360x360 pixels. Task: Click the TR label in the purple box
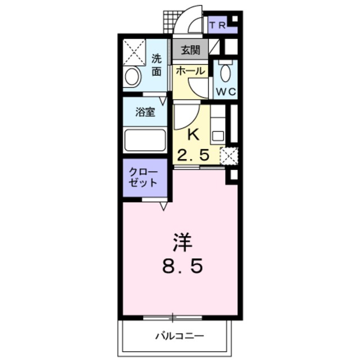point(218,25)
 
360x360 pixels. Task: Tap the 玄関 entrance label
point(191,50)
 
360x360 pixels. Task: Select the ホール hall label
point(190,71)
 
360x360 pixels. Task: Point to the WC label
point(226,92)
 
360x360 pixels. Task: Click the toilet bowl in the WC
point(226,73)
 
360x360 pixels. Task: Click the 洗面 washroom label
point(156,65)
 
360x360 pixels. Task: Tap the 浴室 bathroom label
point(145,112)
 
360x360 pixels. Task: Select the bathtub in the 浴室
point(145,141)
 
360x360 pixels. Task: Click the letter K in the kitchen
point(193,134)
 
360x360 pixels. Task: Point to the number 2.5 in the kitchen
point(193,155)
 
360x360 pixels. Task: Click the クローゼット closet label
point(143,177)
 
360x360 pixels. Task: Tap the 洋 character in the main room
point(182,242)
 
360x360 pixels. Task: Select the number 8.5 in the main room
point(182,266)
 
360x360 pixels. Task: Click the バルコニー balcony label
point(180,336)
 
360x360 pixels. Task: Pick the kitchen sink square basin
point(218,137)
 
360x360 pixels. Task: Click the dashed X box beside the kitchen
point(229,156)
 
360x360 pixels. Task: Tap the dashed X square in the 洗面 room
point(134,52)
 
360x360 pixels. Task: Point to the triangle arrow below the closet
point(163,206)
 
